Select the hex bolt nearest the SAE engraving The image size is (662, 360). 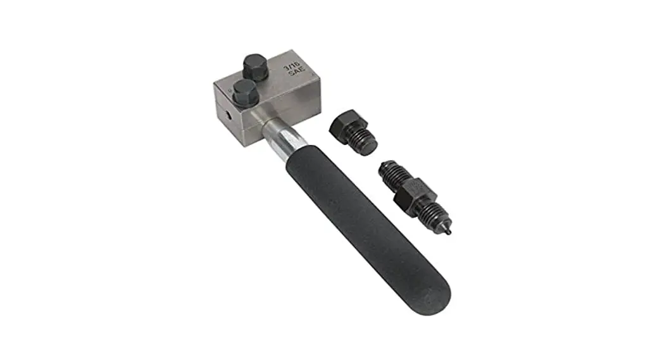point(254,66)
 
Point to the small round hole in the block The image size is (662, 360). point(226,115)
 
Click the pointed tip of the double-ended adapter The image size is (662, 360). point(449,232)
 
